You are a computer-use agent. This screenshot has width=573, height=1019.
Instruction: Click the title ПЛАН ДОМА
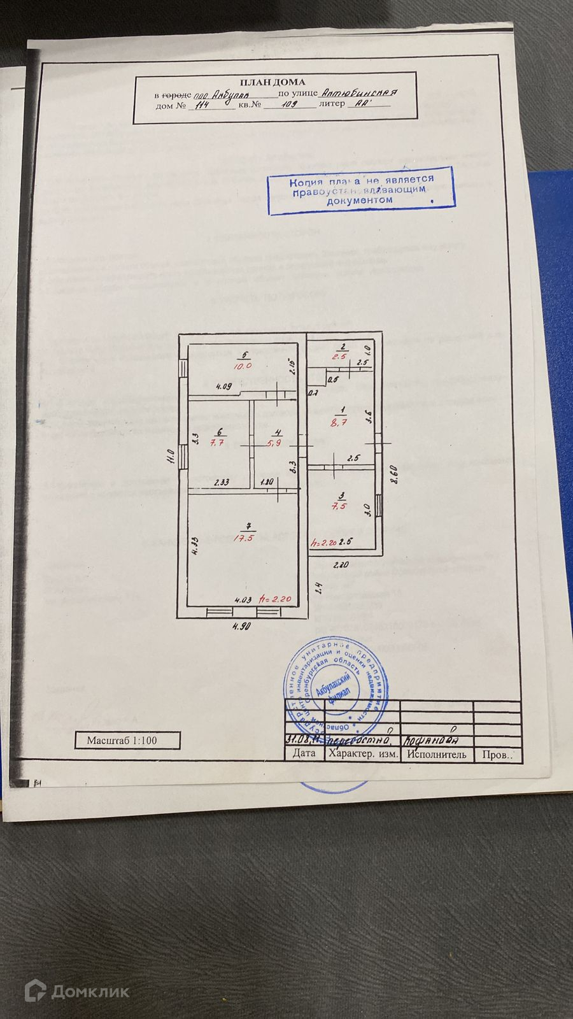click(x=272, y=82)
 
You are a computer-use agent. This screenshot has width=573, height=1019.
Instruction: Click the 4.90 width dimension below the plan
click(x=241, y=626)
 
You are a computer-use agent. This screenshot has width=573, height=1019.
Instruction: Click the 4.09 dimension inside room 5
click(x=223, y=386)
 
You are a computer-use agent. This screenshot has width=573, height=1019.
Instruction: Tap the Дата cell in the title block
click(x=304, y=753)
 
